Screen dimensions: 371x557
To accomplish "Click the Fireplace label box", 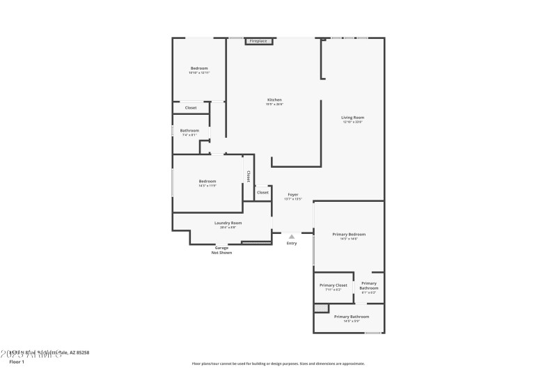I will tap(258, 41).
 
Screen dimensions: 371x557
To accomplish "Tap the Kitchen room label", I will tap(274, 100).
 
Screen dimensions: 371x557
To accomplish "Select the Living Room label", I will tap(352, 118).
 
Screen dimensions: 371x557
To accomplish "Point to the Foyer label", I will tap(292, 195).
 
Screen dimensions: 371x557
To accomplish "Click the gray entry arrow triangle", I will tap(292, 237).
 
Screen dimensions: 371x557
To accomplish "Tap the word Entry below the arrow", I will tap(292, 243).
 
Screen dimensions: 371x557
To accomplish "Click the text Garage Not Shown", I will tap(221, 250).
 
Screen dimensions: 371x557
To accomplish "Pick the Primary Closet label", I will tap(333, 285).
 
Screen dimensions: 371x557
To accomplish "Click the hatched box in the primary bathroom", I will tap(321, 308).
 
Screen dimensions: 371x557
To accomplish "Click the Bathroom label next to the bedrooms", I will tap(189, 131).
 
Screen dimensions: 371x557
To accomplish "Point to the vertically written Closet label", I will tap(249, 176).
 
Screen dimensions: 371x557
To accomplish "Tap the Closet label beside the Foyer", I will tap(262, 193).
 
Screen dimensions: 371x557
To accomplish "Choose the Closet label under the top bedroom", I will tap(190, 108).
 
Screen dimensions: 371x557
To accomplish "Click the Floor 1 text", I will tap(17, 362).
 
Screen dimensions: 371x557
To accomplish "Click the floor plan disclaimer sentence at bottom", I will tap(278, 363).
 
